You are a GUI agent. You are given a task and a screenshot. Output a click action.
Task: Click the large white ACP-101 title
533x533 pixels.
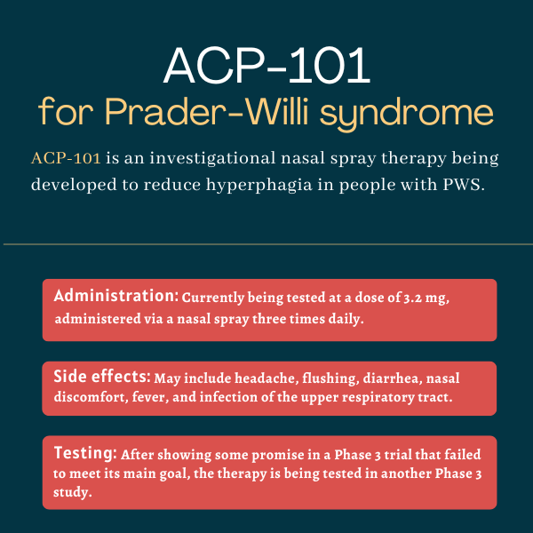tap(266, 65)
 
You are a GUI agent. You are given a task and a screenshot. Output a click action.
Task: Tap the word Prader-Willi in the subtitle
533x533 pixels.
tap(207, 112)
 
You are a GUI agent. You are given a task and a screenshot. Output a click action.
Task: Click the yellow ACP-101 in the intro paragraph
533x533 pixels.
tap(66, 158)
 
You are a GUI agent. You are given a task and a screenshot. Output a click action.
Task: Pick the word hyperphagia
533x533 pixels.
tap(259, 186)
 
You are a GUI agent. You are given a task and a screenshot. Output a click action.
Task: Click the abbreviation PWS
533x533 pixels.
tap(464, 185)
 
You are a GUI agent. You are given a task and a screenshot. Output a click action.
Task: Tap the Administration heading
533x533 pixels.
tap(115, 296)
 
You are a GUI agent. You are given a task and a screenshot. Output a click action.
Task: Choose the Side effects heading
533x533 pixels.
tap(102, 377)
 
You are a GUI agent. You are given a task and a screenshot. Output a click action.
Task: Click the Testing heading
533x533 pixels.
tap(85, 453)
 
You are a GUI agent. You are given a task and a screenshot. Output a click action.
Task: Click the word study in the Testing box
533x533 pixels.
tap(73, 492)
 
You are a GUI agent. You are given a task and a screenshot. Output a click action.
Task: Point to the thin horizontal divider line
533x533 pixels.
tap(268, 244)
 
